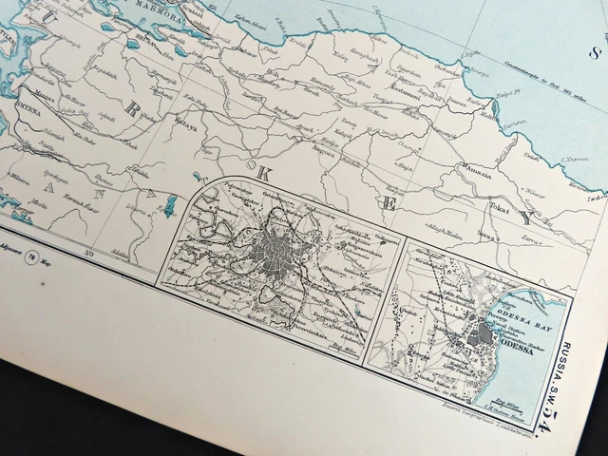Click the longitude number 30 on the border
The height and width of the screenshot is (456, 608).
click(89, 253)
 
